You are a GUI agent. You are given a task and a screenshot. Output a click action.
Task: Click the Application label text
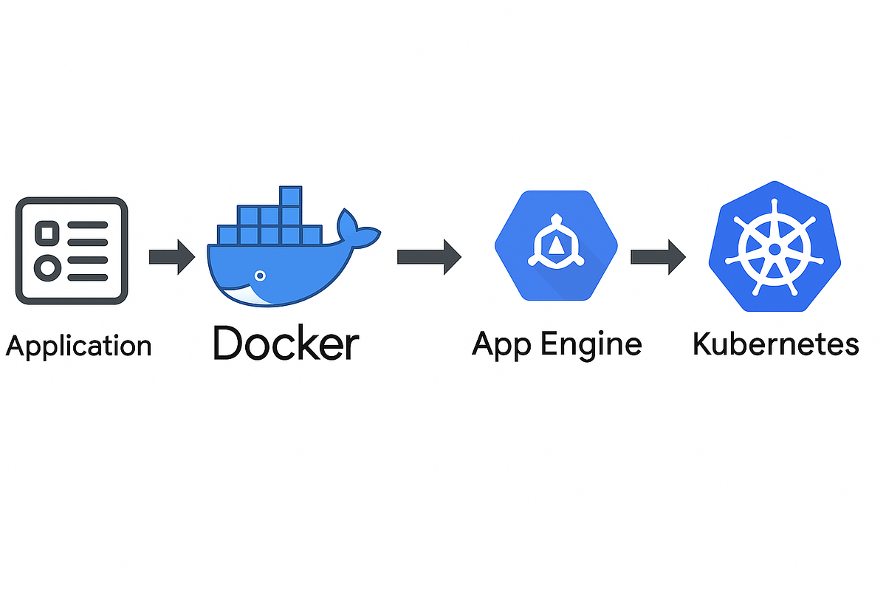click(x=78, y=346)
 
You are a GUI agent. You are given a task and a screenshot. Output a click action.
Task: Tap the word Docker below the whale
click(x=286, y=343)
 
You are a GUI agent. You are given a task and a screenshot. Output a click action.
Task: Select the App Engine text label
click(x=557, y=344)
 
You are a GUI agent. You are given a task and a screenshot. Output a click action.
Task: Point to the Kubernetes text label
click(x=775, y=344)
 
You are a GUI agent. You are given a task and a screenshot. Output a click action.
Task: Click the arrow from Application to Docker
click(x=171, y=257)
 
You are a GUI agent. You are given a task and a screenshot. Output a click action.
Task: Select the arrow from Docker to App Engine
click(x=428, y=257)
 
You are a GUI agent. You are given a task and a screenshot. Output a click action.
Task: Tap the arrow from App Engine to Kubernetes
click(x=657, y=257)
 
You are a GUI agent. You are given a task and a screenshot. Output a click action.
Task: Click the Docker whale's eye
click(x=259, y=276)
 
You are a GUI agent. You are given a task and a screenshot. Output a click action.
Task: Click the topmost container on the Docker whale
click(x=290, y=197)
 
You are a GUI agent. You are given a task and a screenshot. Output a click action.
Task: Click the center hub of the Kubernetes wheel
click(x=774, y=250)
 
